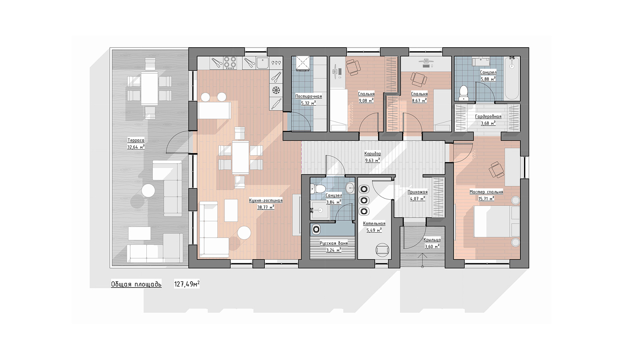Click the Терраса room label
click(136, 140)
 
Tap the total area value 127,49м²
click(187, 284)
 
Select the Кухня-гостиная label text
click(266, 200)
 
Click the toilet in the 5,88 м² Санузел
click(464, 93)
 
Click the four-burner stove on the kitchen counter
click(230, 63)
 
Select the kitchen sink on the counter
click(262, 63)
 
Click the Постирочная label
click(308, 96)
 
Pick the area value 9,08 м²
click(366, 100)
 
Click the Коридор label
click(372, 154)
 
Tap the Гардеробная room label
click(488, 116)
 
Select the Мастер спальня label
click(486, 192)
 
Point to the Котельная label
click(374, 224)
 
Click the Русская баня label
click(334, 244)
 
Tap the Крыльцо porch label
click(432, 240)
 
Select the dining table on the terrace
click(149, 88)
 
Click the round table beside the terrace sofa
click(148, 190)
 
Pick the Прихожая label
click(418, 192)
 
